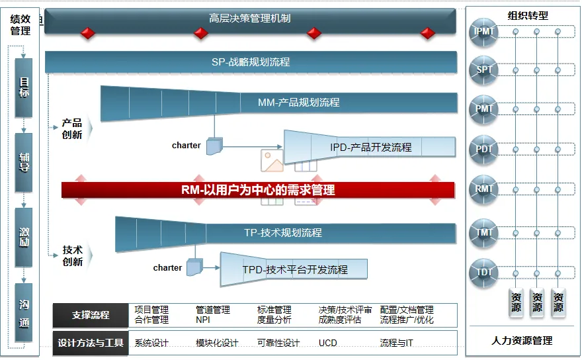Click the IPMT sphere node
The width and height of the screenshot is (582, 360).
tap(484, 32)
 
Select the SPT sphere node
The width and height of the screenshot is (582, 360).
tap(484, 69)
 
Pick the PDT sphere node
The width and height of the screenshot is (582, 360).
tap(484, 150)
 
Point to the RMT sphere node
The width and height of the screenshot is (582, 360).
tap(484, 190)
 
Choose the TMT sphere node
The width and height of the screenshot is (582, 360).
tap(484, 233)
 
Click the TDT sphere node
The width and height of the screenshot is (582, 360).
tap(484, 272)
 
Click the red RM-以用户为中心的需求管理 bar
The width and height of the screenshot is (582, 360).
tap(258, 190)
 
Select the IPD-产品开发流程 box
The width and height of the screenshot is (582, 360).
tap(370, 147)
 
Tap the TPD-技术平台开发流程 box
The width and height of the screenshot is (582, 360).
tap(295, 269)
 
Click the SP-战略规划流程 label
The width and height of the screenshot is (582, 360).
tap(251, 62)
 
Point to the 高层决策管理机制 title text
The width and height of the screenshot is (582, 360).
tap(249, 19)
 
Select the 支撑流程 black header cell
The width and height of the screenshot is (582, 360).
tap(91, 315)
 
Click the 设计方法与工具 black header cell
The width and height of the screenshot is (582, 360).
tap(91, 343)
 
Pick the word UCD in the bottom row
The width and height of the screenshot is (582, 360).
tap(328, 343)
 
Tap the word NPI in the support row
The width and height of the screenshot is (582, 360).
tap(202, 320)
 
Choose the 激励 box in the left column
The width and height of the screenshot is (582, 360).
tap(24, 237)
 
